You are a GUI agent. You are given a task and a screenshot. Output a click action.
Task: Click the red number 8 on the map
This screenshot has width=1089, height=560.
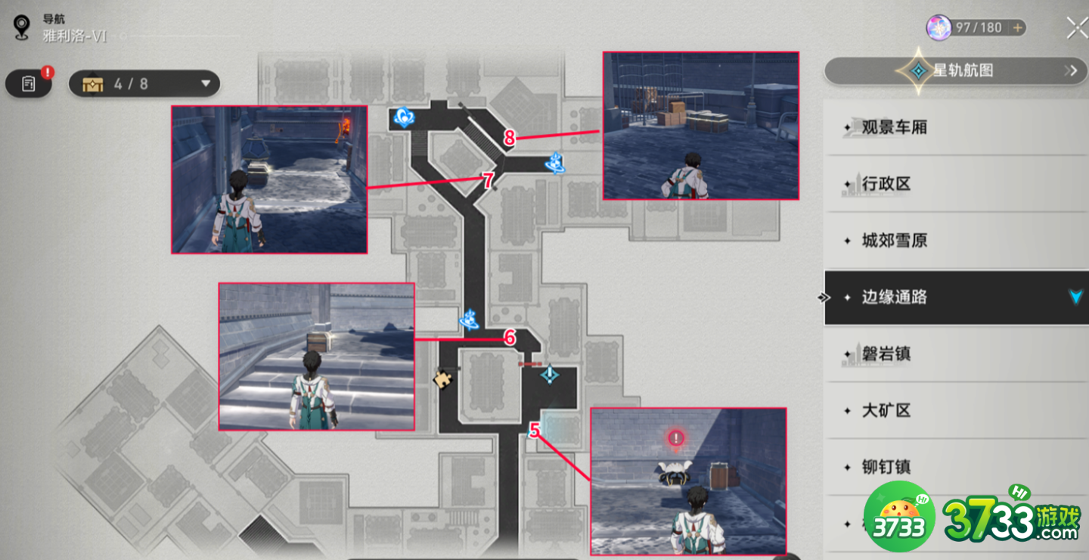(509, 138)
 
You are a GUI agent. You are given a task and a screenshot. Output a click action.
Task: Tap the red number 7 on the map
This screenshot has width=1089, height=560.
(488, 181)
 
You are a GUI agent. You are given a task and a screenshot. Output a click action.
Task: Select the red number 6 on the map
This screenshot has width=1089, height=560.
(510, 338)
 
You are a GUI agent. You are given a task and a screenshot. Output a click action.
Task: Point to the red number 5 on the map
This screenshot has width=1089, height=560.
(535, 430)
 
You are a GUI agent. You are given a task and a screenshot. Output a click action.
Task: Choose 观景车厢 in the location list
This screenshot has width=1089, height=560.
(894, 127)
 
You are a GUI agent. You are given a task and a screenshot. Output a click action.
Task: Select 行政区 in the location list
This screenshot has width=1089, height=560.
(886, 184)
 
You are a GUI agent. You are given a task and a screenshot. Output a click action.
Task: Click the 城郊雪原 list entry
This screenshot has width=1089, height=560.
(894, 241)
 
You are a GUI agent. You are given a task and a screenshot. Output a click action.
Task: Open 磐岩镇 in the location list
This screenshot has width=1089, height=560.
(886, 353)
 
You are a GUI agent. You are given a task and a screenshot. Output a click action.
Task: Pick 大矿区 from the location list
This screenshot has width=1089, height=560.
(886, 410)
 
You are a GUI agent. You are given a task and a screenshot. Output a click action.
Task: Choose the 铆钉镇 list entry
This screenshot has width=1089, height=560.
(886, 467)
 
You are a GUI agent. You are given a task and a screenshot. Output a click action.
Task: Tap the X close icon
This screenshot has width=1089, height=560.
(1076, 28)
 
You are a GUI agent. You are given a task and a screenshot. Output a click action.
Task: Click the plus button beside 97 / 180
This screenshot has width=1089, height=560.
(1017, 28)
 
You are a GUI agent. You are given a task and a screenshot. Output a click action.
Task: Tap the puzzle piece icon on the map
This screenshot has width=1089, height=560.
(442, 379)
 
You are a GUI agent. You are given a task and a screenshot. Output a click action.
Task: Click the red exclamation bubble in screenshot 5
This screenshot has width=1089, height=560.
(676, 438)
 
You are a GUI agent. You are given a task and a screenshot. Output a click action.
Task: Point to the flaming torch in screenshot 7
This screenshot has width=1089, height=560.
(345, 127)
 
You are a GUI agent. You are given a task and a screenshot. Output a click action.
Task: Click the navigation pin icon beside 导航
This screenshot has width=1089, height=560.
(21, 27)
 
